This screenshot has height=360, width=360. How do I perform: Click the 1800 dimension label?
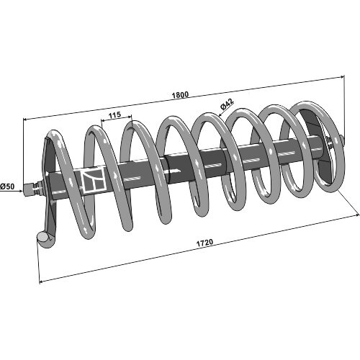(x=181, y=95)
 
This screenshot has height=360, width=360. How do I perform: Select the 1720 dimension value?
(x=204, y=243)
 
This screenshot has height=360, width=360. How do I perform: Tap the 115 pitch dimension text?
(x=114, y=115)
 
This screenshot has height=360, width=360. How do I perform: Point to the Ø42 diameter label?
(x=227, y=104)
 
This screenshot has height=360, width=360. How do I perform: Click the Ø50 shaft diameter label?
(x=7, y=186)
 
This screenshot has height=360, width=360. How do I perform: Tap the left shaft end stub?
(x=28, y=187)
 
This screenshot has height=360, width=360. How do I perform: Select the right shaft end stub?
(x=341, y=140)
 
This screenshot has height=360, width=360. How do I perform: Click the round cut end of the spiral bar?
(x=43, y=238)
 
